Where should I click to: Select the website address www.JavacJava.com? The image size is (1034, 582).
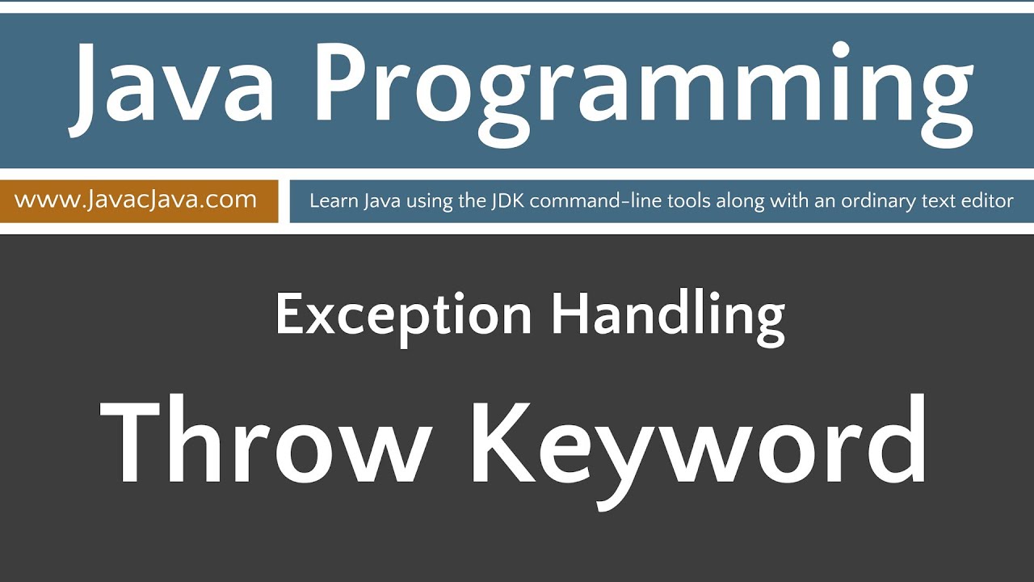(136, 200)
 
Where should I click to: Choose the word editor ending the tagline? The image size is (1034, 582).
(988, 200)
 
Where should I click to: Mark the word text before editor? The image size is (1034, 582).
(945, 200)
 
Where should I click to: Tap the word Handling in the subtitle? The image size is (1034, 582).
(668, 315)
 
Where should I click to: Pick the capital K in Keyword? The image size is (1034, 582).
(505, 441)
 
